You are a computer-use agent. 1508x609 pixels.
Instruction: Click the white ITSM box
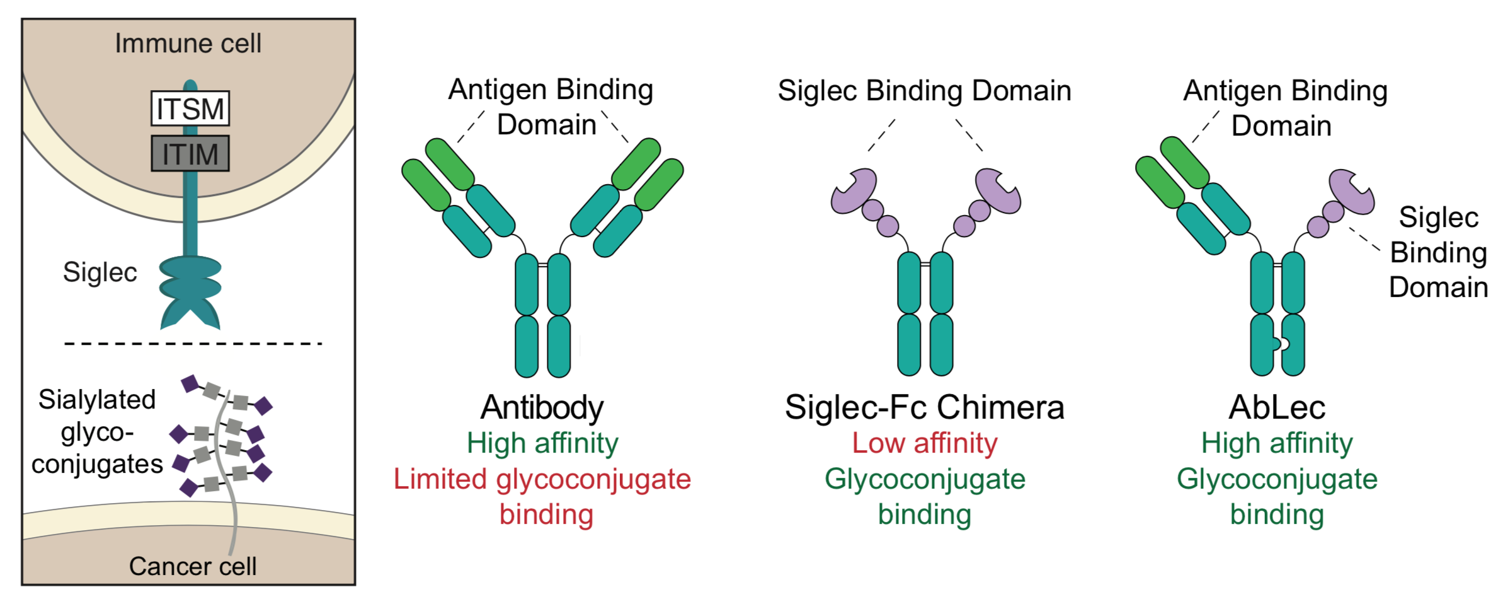click(190, 109)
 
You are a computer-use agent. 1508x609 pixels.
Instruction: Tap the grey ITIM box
click(190, 154)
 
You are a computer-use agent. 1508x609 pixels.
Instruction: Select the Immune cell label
click(188, 43)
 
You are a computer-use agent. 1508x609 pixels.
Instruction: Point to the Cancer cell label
click(193, 566)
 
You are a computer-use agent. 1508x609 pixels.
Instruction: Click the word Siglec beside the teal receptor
click(100, 272)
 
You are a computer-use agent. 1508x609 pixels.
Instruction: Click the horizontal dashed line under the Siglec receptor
click(193, 344)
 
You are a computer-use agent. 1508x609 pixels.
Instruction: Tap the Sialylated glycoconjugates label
click(97, 432)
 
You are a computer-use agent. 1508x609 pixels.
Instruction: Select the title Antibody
click(542, 407)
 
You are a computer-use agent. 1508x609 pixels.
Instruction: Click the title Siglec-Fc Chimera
click(924, 407)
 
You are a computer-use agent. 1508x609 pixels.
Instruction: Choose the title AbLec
click(1277, 407)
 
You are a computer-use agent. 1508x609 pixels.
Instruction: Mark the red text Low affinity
click(924, 443)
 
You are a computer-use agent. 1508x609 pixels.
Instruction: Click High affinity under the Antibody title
click(542, 443)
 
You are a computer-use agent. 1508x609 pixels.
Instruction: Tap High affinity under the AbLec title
click(1277, 443)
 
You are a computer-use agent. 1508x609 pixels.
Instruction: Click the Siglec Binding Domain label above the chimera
click(924, 91)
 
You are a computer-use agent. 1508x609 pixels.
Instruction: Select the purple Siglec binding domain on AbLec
click(1351, 192)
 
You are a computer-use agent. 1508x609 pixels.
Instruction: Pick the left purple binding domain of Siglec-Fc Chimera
click(855, 191)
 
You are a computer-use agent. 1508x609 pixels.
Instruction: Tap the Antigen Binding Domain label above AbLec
click(1284, 108)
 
